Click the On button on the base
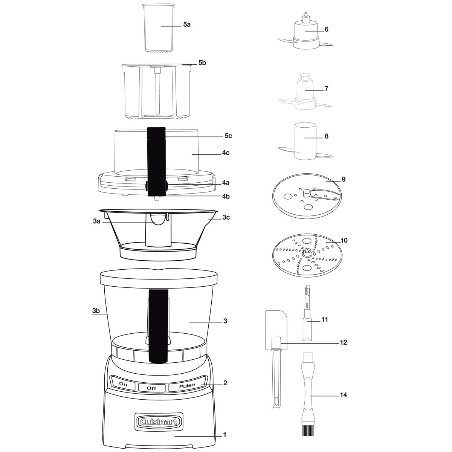click(x=123, y=384)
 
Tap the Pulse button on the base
click(x=187, y=386)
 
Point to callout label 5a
click(x=187, y=24)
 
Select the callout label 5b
click(x=202, y=63)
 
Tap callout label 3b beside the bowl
click(x=96, y=311)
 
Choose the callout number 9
click(x=344, y=179)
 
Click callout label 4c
click(x=226, y=153)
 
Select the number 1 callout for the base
click(x=224, y=435)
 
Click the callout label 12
click(x=343, y=342)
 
